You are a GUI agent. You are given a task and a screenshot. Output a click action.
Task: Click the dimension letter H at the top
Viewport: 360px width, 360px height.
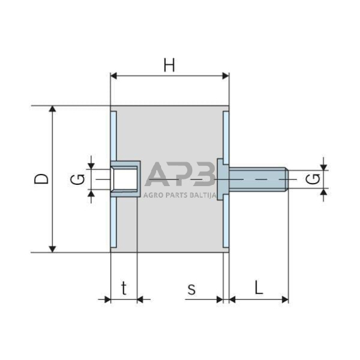(x=170, y=64)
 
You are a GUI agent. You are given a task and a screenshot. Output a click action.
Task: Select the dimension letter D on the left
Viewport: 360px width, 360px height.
(x=41, y=178)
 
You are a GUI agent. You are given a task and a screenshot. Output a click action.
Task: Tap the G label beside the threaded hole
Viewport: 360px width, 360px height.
(x=78, y=179)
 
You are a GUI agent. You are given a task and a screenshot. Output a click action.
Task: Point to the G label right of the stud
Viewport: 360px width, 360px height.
(x=312, y=179)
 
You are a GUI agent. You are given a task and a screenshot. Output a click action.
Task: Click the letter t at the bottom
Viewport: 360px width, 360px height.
(x=124, y=288)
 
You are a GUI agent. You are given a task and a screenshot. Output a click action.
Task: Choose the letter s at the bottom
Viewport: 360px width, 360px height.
(x=191, y=288)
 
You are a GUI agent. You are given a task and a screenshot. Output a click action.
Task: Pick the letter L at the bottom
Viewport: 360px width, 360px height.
(x=258, y=288)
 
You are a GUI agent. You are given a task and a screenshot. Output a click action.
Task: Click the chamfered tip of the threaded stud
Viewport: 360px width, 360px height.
(x=285, y=179)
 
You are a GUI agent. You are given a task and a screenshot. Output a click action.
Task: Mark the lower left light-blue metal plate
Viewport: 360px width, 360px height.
(x=113, y=219)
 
